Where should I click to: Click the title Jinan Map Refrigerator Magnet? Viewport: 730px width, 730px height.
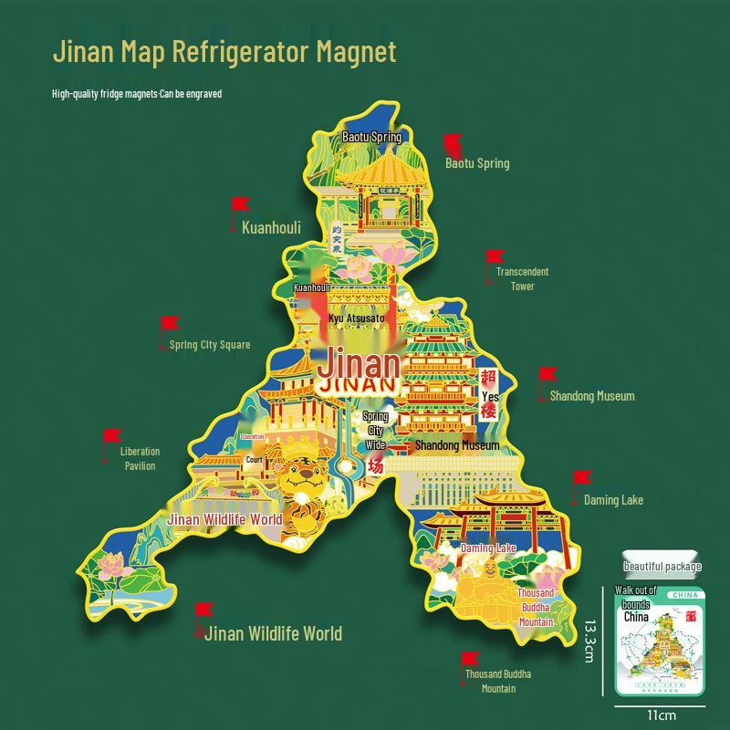coord(224,51)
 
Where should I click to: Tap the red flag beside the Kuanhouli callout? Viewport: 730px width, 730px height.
coord(240,204)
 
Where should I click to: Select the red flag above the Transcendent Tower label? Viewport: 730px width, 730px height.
coord(494,257)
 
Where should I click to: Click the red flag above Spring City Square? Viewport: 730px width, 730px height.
coord(170,323)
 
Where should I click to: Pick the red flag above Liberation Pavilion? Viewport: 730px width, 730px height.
coord(112,436)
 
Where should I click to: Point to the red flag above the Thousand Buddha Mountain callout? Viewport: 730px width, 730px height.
coord(471,659)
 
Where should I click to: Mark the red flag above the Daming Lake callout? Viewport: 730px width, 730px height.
coord(581,478)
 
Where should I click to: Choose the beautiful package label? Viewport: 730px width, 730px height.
coord(662,567)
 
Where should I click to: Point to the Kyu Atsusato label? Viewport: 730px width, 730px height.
coord(357,318)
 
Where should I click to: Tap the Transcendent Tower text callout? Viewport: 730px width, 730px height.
coord(522,278)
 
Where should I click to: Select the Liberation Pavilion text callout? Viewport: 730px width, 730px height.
coord(140,458)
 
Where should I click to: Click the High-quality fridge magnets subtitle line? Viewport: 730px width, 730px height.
coord(137,93)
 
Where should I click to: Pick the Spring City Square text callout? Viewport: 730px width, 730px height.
coord(210,345)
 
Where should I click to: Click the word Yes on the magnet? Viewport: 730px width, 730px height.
coord(490,397)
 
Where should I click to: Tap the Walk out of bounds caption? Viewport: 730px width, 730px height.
coord(636,597)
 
